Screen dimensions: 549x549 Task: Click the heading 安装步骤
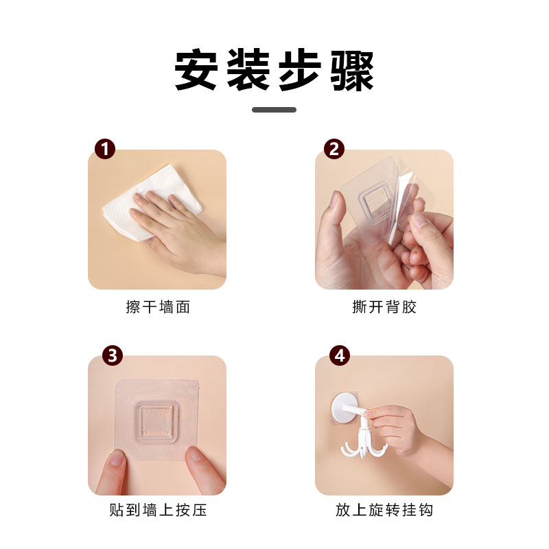click(274, 70)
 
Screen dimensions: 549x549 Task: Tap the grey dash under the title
click(274, 110)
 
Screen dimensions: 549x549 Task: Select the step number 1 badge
click(105, 149)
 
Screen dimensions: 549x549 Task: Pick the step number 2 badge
click(334, 149)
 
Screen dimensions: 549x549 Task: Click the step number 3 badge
click(113, 355)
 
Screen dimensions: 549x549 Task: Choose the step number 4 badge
click(340, 355)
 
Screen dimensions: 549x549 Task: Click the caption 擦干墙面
click(158, 307)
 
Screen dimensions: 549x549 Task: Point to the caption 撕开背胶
click(384, 307)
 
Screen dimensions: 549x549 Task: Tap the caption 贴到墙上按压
click(158, 510)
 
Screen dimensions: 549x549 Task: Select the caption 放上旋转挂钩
click(384, 510)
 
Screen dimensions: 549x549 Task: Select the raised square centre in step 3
click(156, 422)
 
